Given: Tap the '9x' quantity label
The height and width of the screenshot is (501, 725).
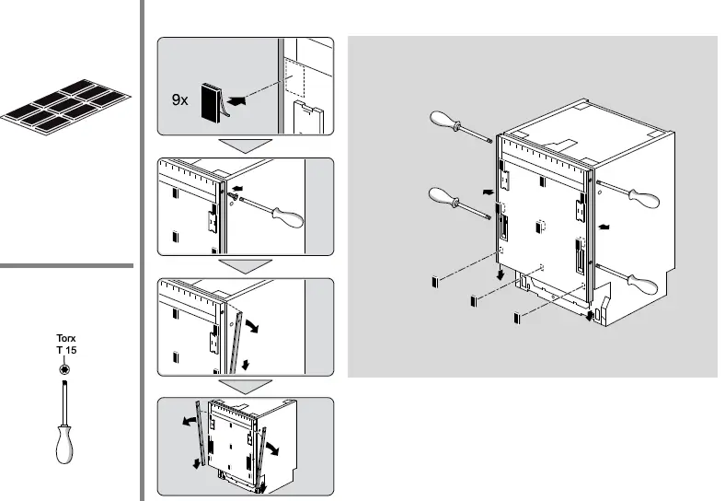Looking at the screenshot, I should tap(180, 100).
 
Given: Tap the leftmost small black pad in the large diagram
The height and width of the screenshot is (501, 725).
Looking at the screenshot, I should tap(433, 282).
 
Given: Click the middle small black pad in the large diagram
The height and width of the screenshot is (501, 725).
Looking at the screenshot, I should tap(474, 300).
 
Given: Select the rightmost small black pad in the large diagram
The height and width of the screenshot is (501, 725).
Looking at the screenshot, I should tap(516, 318).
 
